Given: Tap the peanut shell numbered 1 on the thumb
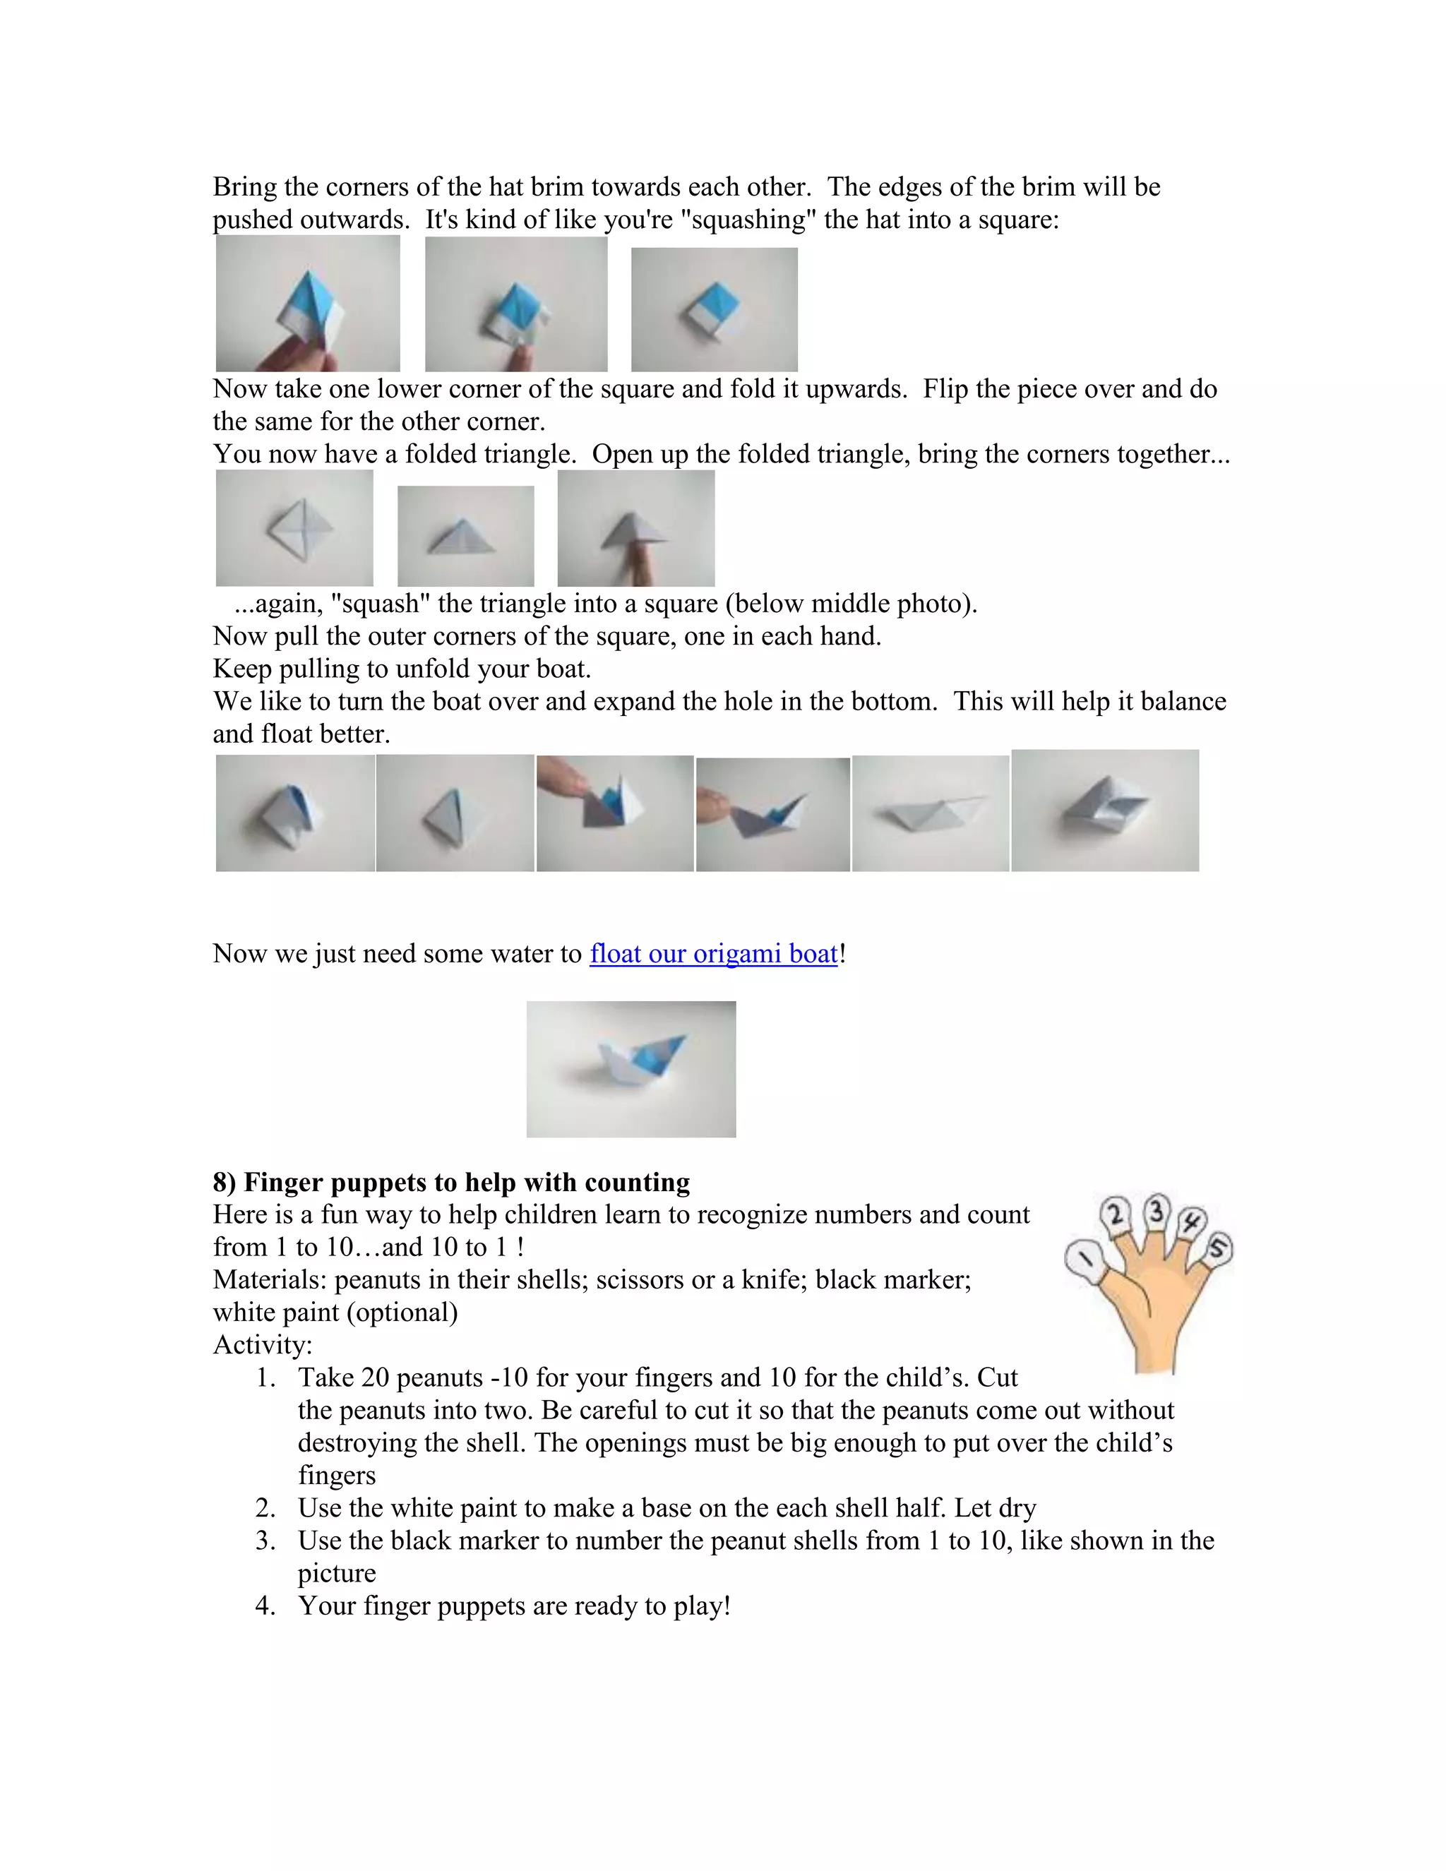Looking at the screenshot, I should [x=1084, y=1260].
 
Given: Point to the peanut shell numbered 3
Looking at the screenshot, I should [x=1157, y=1212].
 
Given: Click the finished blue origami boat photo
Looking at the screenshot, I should [x=631, y=1068].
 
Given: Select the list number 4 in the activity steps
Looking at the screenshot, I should [x=265, y=1606].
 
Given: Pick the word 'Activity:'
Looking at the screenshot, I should [x=262, y=1345].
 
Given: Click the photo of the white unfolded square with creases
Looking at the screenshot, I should [x=294, y=527].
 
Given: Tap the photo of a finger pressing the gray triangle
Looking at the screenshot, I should [x=635, y=527].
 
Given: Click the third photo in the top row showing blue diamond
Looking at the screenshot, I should [x=714, y=309].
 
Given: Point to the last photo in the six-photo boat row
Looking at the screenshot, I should [x=1104, y=811].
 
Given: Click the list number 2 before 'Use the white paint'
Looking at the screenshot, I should [x=265, y=1508].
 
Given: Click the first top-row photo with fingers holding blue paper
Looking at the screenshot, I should [x=308, y=304].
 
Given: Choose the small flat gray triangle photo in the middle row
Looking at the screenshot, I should [x=465, y=537].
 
